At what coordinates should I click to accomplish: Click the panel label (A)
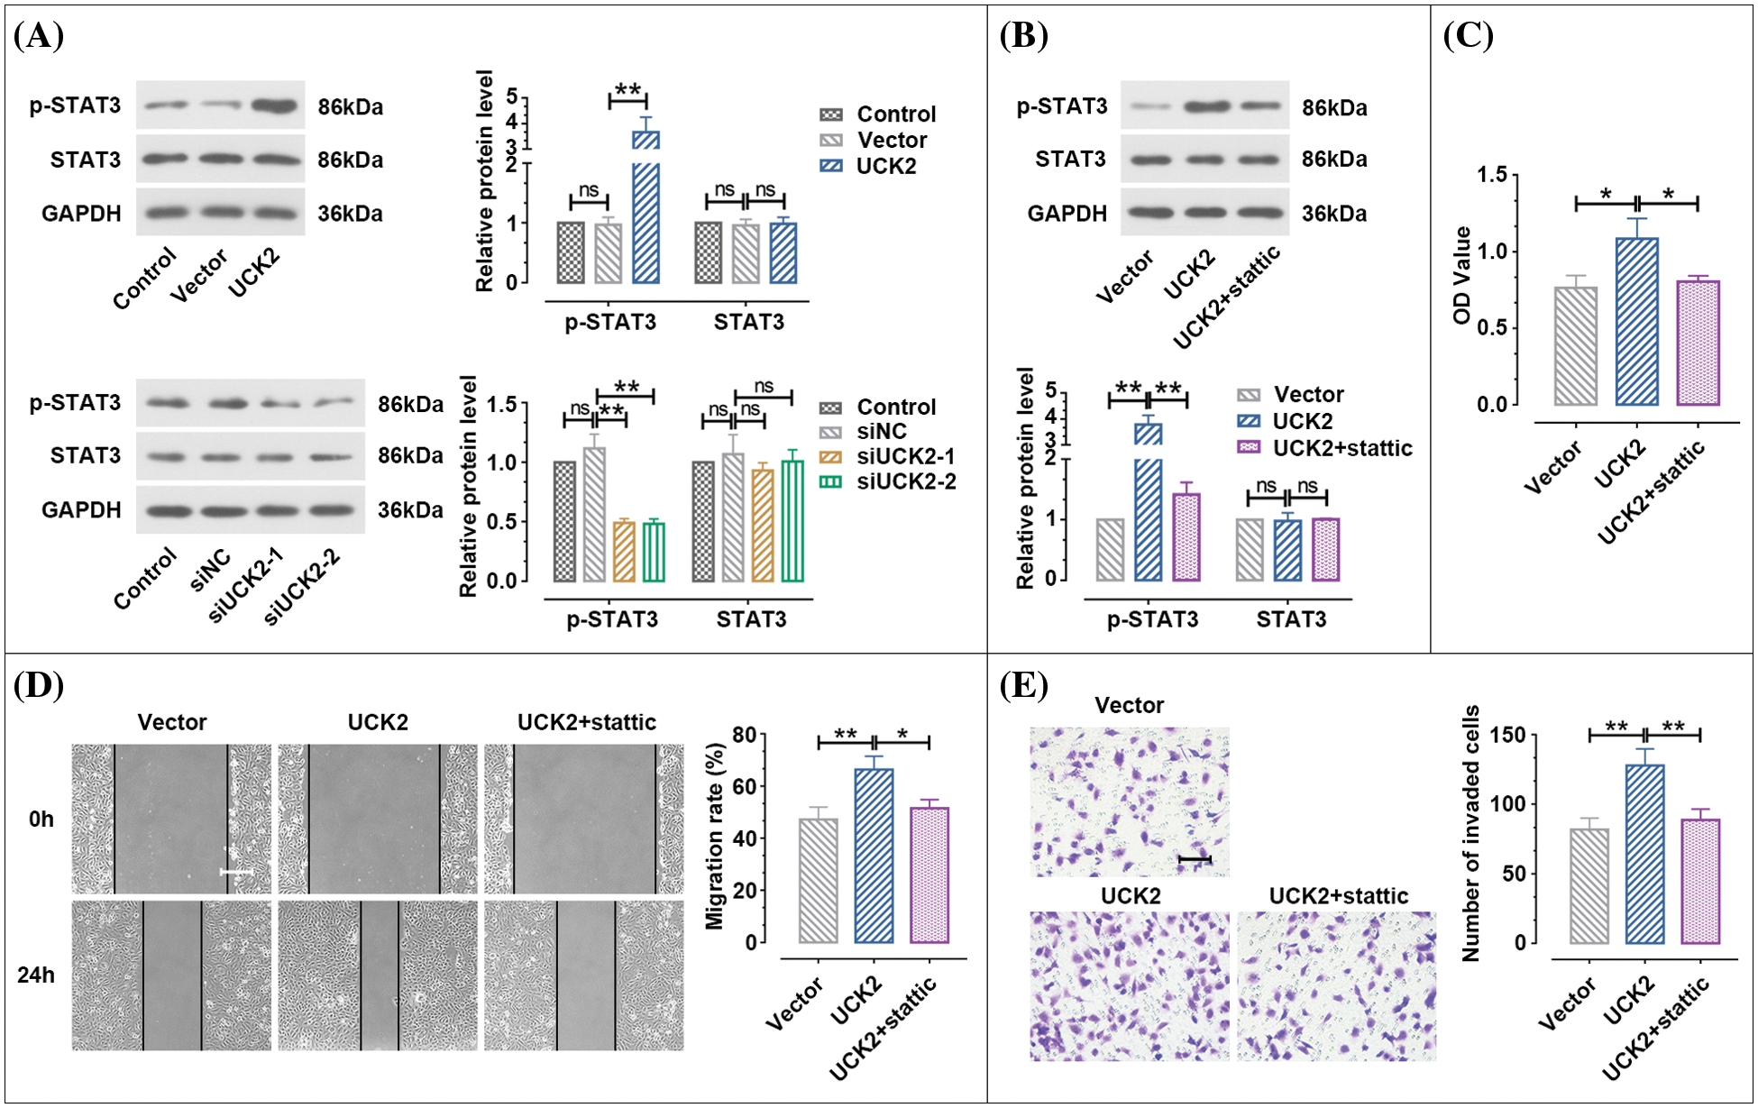tap(39, 36)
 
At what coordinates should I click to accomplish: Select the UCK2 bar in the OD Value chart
tap(1636, 321)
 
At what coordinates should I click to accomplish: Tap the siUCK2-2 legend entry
tap(905, 481)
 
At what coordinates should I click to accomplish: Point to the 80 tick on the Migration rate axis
tap(744, 735)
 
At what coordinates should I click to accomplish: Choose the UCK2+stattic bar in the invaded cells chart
tap(1700, 881)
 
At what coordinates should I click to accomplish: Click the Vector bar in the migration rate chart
tap(818, 880)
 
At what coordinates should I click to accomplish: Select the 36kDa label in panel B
tap(1333, 214)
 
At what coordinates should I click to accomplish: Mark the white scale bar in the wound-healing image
tap(236, 872)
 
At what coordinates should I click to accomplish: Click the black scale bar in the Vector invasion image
tap(1195, 859)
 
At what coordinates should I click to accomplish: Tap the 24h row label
tap(36, 975)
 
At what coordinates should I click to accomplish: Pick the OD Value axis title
tap(1461, 275)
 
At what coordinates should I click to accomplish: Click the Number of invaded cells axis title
tap(1470, 833)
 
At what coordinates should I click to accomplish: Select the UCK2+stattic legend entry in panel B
tap(1341, 448)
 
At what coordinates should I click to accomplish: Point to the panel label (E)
tap(1023, 685)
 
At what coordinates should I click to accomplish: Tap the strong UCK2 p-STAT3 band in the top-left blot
tap(274, 105)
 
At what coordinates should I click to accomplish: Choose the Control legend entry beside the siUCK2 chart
tap(895, 407)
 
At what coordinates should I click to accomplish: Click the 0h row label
tap(41, 819)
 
